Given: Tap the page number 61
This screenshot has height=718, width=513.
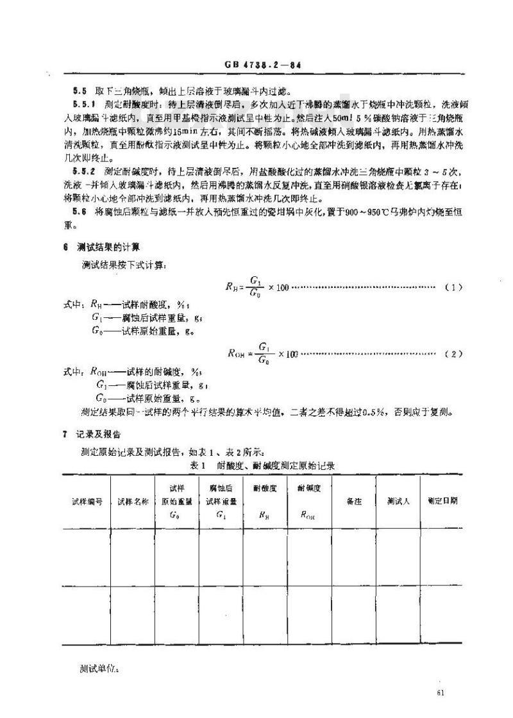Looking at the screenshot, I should coord(439,692).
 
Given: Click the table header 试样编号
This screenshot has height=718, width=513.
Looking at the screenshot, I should coord(87,502).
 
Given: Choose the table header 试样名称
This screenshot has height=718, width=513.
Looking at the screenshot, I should coord(133,502).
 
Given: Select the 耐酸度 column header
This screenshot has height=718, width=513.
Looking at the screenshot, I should coord(265,488).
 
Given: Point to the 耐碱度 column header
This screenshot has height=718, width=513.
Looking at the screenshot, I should coord(309,488).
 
